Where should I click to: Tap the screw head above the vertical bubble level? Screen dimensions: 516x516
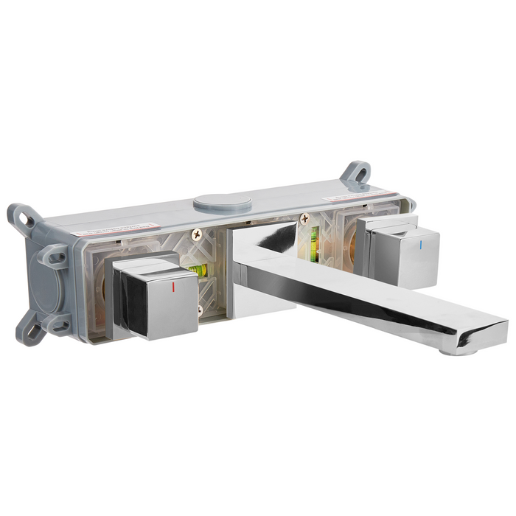click(303, 218)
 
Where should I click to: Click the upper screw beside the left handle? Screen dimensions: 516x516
click(196, 234)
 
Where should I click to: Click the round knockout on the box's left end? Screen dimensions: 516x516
click(43, 291)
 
